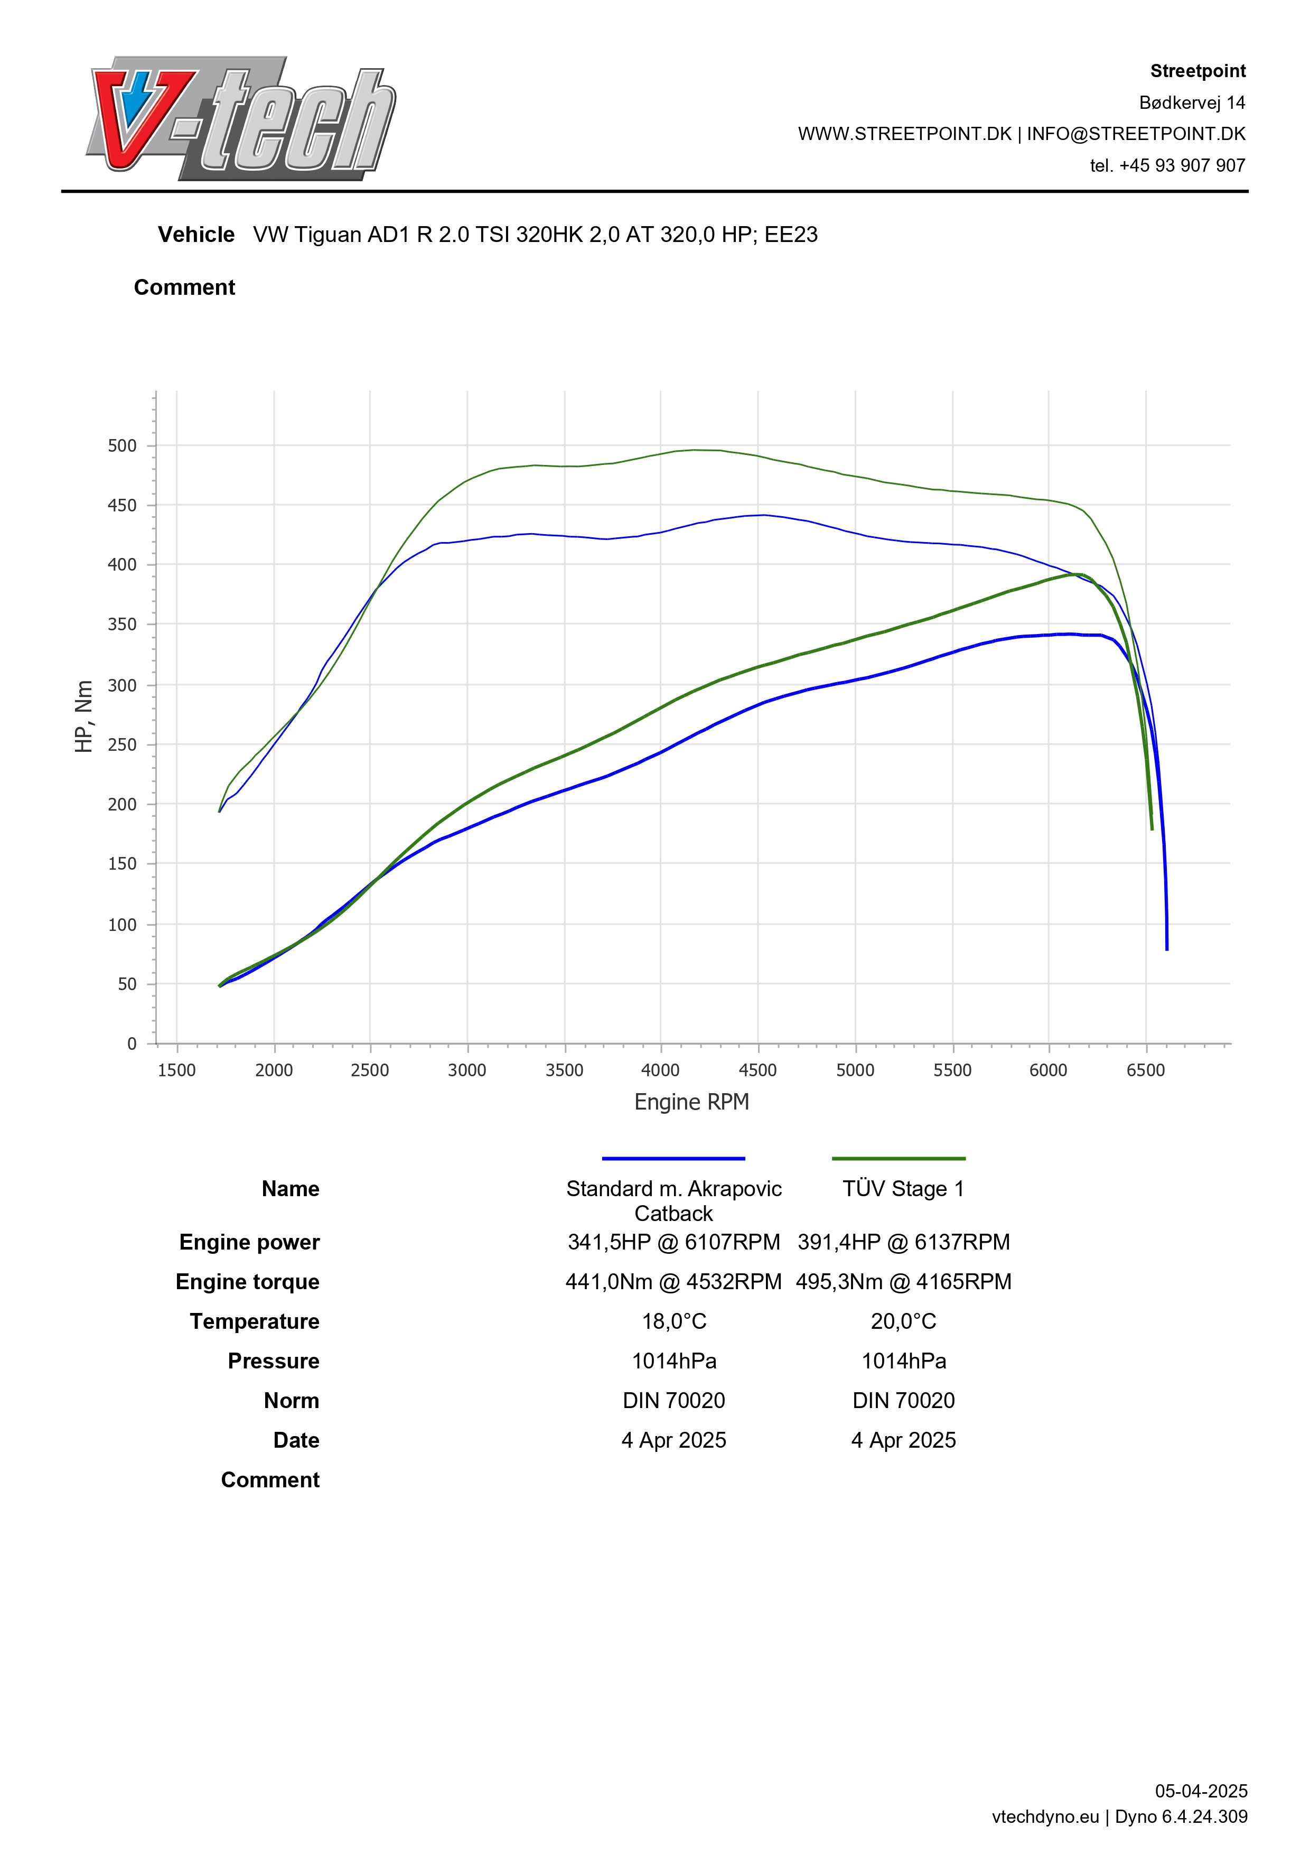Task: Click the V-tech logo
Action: (240, 119)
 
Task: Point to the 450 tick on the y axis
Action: (122, 506)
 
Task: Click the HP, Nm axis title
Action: (84, 716)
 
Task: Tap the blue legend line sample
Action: (673, 1159)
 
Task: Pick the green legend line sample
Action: (899, 1159)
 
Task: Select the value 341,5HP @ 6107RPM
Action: (673, 1242)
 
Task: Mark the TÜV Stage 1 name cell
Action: (903, 1189)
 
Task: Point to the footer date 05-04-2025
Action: (1200, 1791)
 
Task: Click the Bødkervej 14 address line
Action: (1191, 103)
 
